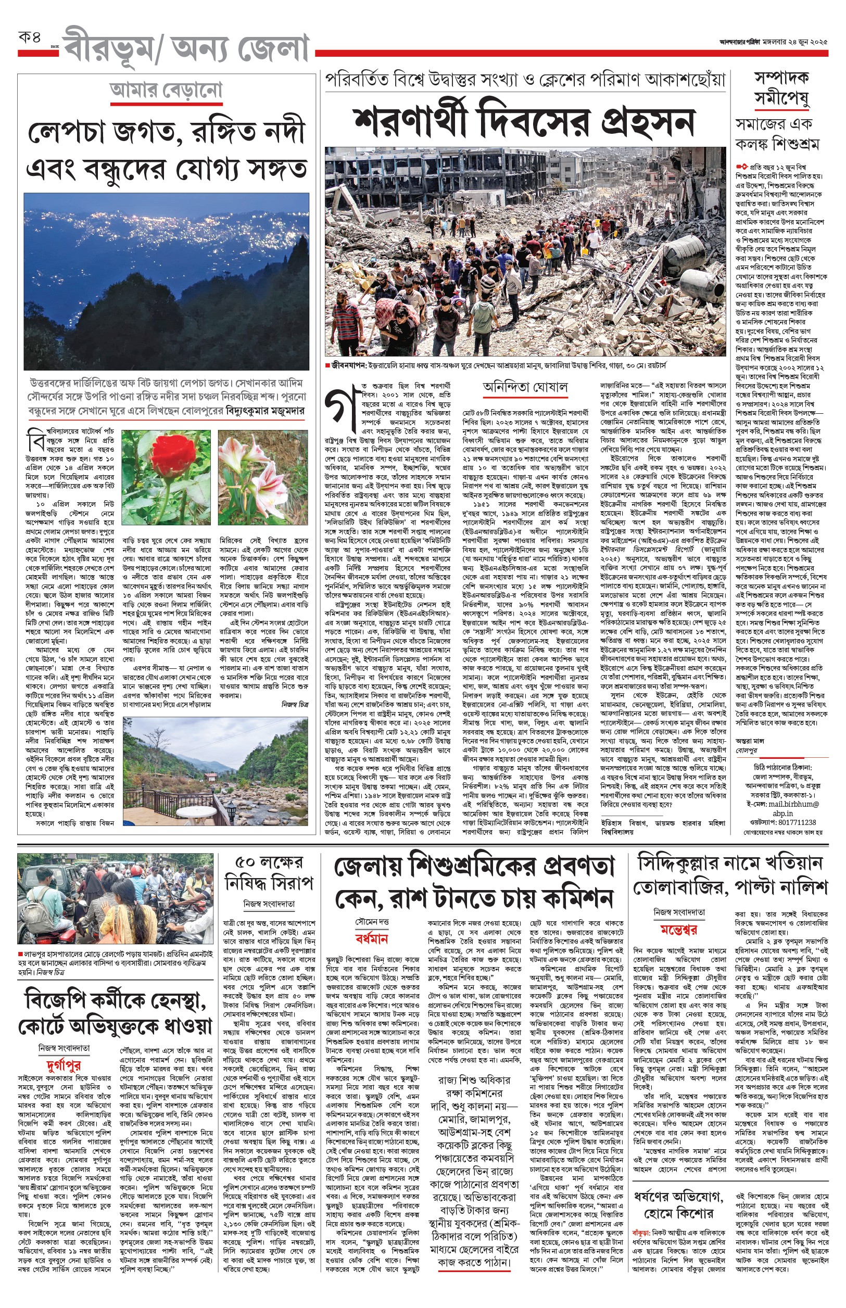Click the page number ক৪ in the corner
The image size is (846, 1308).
(30, 38)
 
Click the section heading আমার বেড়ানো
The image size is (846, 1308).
(166, 90)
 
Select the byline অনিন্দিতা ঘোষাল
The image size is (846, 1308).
(525, 387)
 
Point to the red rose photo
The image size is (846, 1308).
(166, 477)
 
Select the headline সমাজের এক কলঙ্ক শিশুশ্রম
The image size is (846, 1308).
(777, 134)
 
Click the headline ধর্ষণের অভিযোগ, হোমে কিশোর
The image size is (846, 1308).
(678, 1204)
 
